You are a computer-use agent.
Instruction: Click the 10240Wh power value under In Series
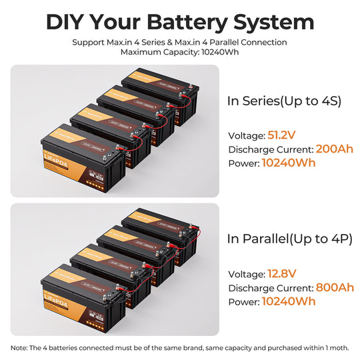pyautogui.click(x=289, y=162)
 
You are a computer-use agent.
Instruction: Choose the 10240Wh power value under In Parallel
pyautogui.click(x=289, y=301)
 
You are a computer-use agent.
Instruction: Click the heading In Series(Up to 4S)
pyautogui.click(x=284, y=101)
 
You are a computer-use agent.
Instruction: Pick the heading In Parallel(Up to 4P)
pyautogui.click(x=289, y=239)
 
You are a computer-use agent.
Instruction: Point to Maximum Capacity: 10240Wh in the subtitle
pyautogui.click(x=180, y=52)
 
